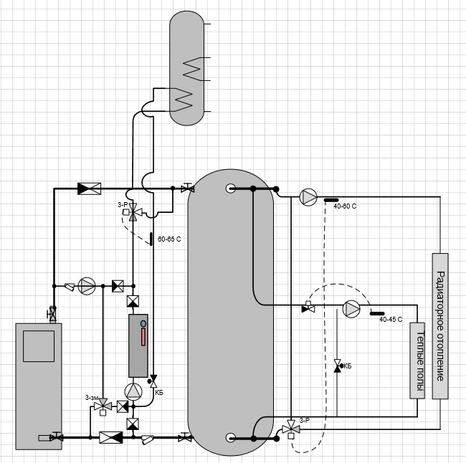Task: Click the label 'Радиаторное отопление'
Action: pyautogui.click(x=440, y=326)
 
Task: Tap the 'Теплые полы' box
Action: pyautogui.click(x=417, y=361)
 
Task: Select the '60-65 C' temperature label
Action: pyautogui.click(x=169, y=239)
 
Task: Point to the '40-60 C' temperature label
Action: pyautogui.click(x=345, y=206)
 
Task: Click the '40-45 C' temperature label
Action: pyautogui.click(x=391, y=320)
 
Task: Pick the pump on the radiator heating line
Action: pyautogui.click(x=308, y=196)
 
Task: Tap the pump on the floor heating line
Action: pyautogui.click(x=351, y=309)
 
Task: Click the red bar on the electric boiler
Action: pyautogui.click(x=143, y=337)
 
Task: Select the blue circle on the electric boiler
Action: pyautogui.click(x=143, y=324)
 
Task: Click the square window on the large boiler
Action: pyautogui.click(x=39, y=346)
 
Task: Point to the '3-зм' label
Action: pyautogui.click(x=92, y=398)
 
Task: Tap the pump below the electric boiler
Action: pyautogui.click(x=133, y=391)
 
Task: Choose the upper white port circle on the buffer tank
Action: pyautogui.click(x=231, y=188)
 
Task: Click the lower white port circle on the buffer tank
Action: pyautogui.click(x=231, y=438)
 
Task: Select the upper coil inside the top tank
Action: pyautogui.click(x=192, y=69)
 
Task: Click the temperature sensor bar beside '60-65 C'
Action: pyautogui.click(x=151, y=239)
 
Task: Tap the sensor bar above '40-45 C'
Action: pyautogui.click(x=377, y=313)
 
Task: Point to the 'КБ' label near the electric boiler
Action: pyautogui.click(x=159, y=393)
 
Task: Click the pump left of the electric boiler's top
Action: pyautogui.click(x=87, y=286)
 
